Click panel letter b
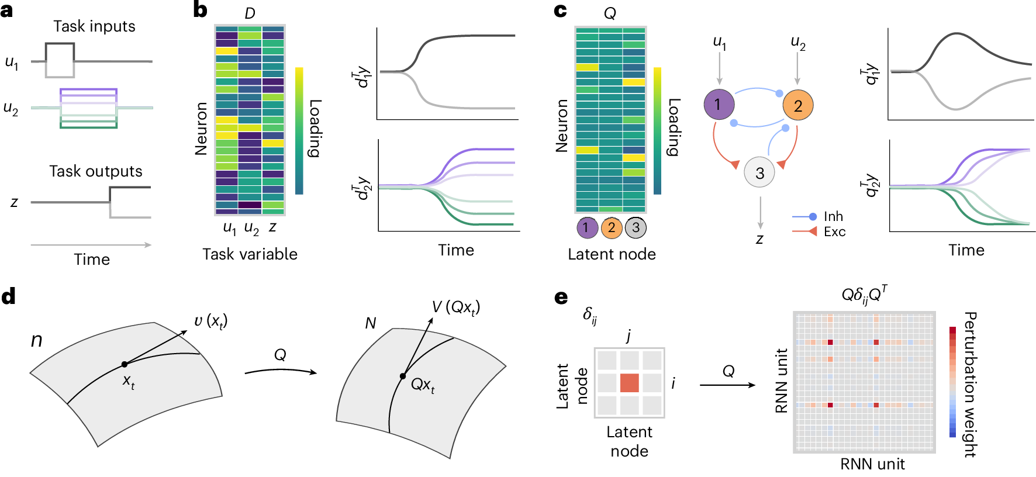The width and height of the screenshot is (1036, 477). pyautogui.click(x=200, y=10)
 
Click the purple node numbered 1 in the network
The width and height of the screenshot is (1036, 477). pyautogui.click(x=719, y=105)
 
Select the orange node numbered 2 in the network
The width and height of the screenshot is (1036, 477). pyautogui.click(x=797, y=105)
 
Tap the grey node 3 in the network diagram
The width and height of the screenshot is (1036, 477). pyautogui.click(x=759, y=172)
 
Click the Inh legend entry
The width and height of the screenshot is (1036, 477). pyautogui.click(x=833, y=216)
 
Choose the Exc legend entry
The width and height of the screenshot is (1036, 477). pyautogui.click(x=834, y=231)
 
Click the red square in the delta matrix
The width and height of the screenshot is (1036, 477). pyautogui.click(x=629, y=383)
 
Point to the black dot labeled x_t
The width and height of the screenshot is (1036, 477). pyautogui.click(x=125, y=364)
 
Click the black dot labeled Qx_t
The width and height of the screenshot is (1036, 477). pyautogui.click(x=403, y=376)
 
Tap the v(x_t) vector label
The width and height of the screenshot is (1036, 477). pyautogui.click(x=210, y=321)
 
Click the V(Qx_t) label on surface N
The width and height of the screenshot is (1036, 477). pyautogui.click(x=455, y=307)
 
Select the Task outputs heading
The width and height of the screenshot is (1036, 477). pyautogui.click(x=95, y=171)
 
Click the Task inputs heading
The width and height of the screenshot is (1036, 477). pyautogui.click(x=94, y=26)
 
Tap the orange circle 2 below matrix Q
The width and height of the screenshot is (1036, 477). pyautogui.click(x=611, y=227)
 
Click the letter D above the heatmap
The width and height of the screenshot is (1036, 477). pyautogui.click(x=250, y=13)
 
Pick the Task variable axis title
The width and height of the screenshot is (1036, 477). pyautogui.click(x=250, y=254)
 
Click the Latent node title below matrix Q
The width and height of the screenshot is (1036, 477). pyautogui.click(x=612, y=254)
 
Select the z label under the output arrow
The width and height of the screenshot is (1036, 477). pyautogui.click(x=759, y=239)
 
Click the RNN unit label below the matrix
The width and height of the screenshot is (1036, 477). pyautogui.click(x=872, y=464)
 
